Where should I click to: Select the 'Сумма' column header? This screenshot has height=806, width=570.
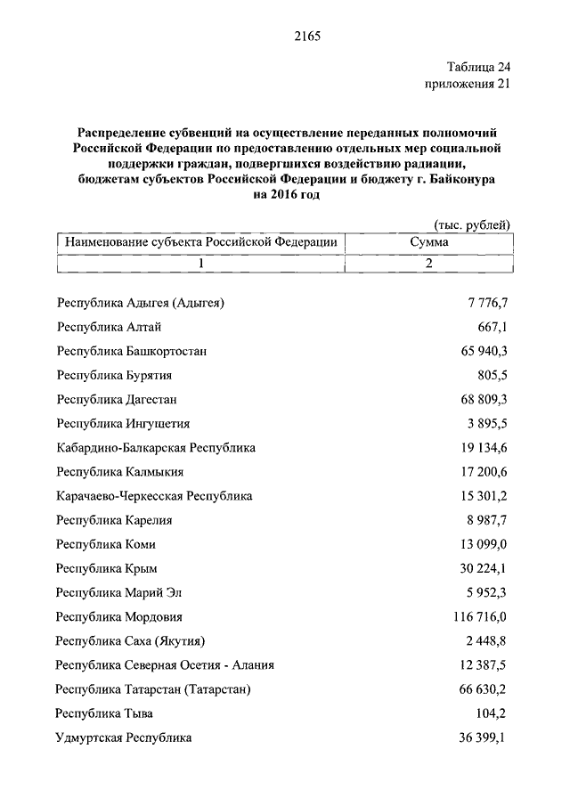(428, 241)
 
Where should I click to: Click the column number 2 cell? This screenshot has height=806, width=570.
(428, 263)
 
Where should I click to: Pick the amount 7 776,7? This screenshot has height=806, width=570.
(486, 303)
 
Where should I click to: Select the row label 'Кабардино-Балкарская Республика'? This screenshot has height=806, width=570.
(155, 447)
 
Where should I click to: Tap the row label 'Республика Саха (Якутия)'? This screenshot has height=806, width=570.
(131, 640)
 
